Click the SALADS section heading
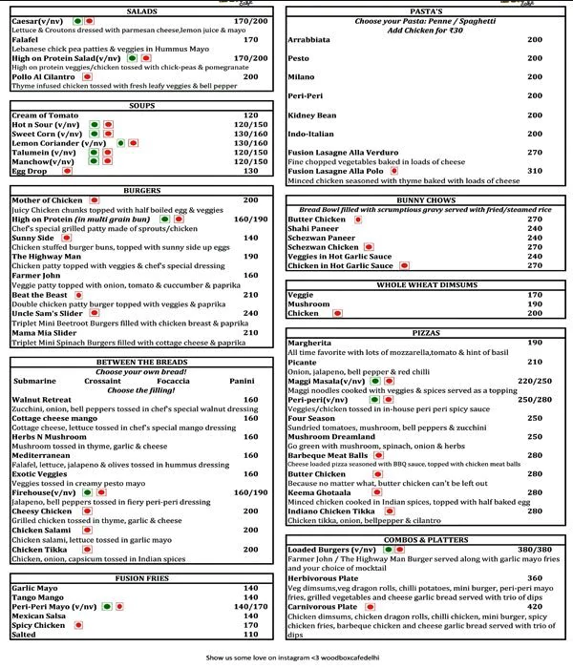141,10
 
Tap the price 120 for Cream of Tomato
250,115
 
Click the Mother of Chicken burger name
47,200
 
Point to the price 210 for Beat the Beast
251,295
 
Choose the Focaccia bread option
171,381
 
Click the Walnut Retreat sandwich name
42,400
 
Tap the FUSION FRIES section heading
142,578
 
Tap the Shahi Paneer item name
314,228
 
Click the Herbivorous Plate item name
327,578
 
